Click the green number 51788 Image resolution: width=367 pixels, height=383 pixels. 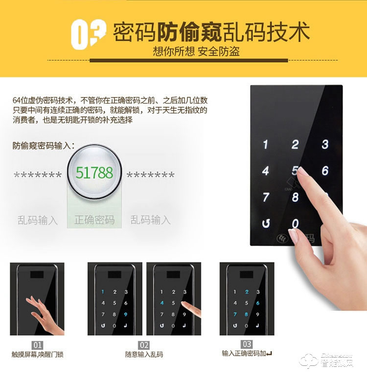pyautogui.click(x=94, y=172)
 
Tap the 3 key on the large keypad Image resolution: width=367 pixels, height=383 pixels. pyautogui.click(x=325, y=144)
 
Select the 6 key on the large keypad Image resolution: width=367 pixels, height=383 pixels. pyautogui.click(x=325, y=171)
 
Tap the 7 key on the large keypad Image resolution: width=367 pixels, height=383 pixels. pyautogui.click(x=266, y=197)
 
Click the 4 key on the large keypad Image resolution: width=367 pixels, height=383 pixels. pyautogui.click(x=266, y=171)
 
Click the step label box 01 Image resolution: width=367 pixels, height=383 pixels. pyautogui.click(x=38, y=345)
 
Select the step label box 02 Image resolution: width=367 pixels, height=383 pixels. pyautogui.click(x=144, y=345)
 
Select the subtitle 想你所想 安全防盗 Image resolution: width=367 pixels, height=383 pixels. pyautogui.click(x=196, y=51)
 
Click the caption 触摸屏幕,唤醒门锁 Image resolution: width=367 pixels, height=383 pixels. pyautogui.click(x=38, y=354)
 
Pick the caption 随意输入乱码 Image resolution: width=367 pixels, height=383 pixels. pyautogui.click(x=144, y=354)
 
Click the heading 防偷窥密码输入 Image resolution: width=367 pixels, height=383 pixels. pyautogui.click(x=44, y=145)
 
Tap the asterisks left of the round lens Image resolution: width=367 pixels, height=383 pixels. pyautogui.click(x=38, y=175)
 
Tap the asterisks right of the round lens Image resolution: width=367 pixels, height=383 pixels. pyautogui.click(x=151, y=175)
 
